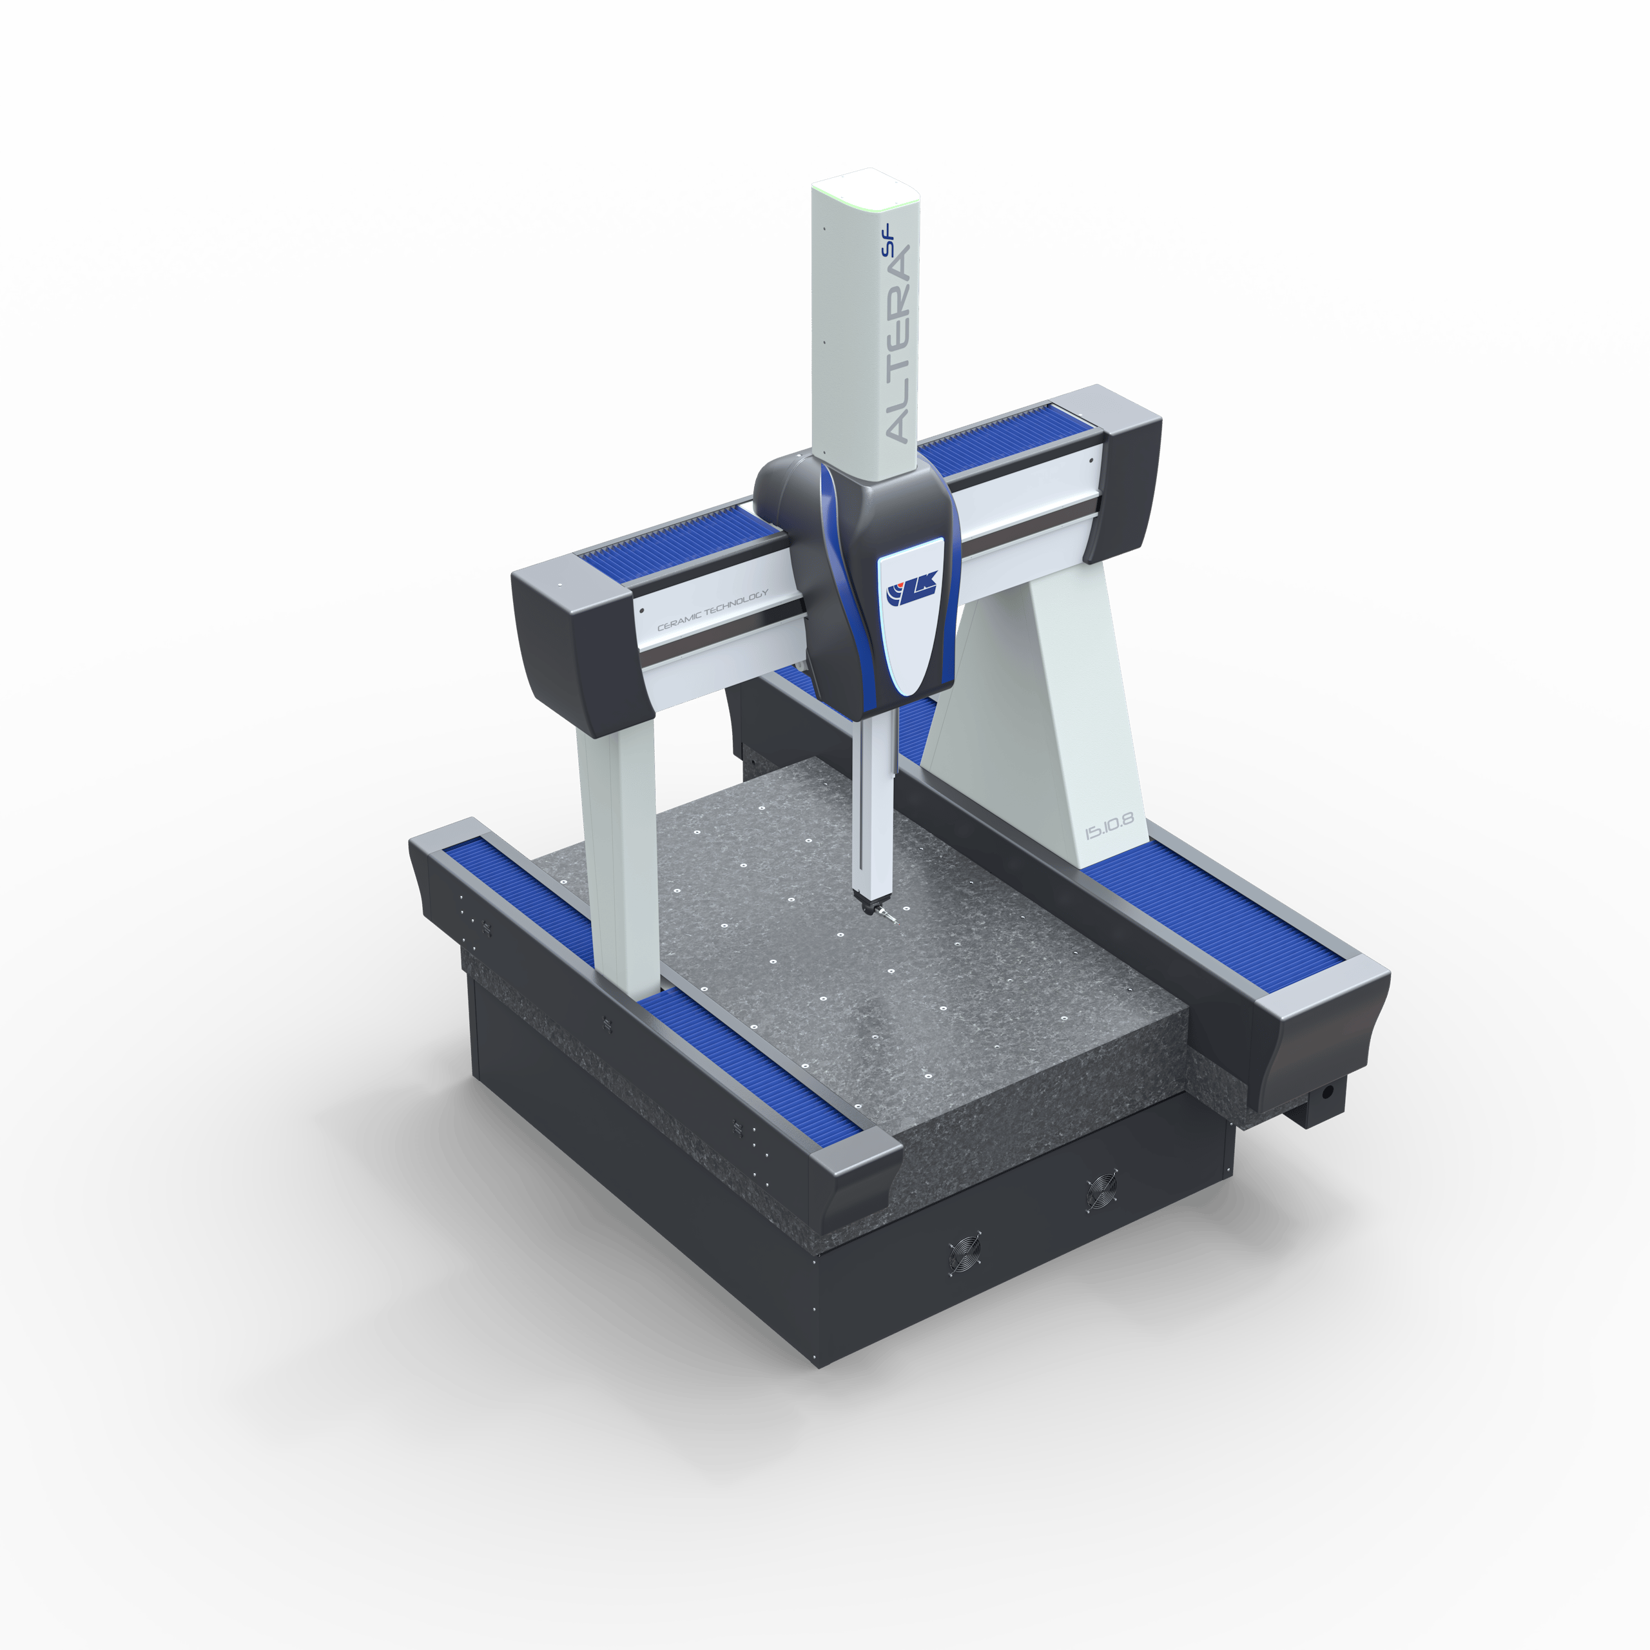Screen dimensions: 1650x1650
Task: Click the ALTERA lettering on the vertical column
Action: [898, 342]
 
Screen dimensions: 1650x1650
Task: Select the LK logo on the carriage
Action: [912, 588]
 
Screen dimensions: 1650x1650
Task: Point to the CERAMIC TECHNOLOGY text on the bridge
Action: [712, 610]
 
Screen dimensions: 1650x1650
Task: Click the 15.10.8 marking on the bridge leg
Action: [1109, 826]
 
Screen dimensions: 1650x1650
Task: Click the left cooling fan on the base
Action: [964, 1254]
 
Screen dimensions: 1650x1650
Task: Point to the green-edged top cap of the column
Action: [864, 186]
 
